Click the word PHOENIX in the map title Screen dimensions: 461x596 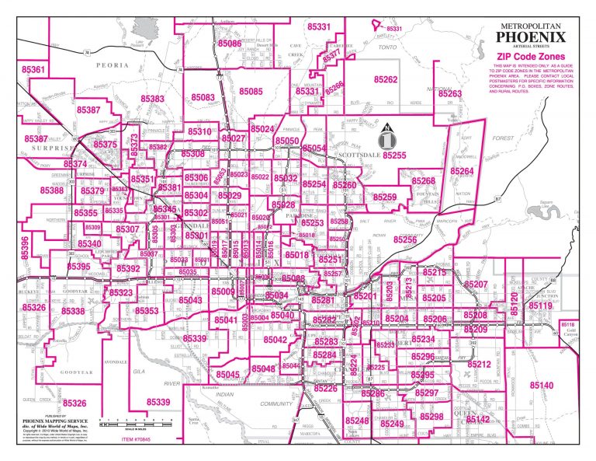531,36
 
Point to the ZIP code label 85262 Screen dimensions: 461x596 386,80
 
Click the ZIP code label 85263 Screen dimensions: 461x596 450,94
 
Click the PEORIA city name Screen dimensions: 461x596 111,67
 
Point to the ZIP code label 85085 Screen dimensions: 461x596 251,92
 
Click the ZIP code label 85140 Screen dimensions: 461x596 542,386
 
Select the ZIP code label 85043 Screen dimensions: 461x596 190,300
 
